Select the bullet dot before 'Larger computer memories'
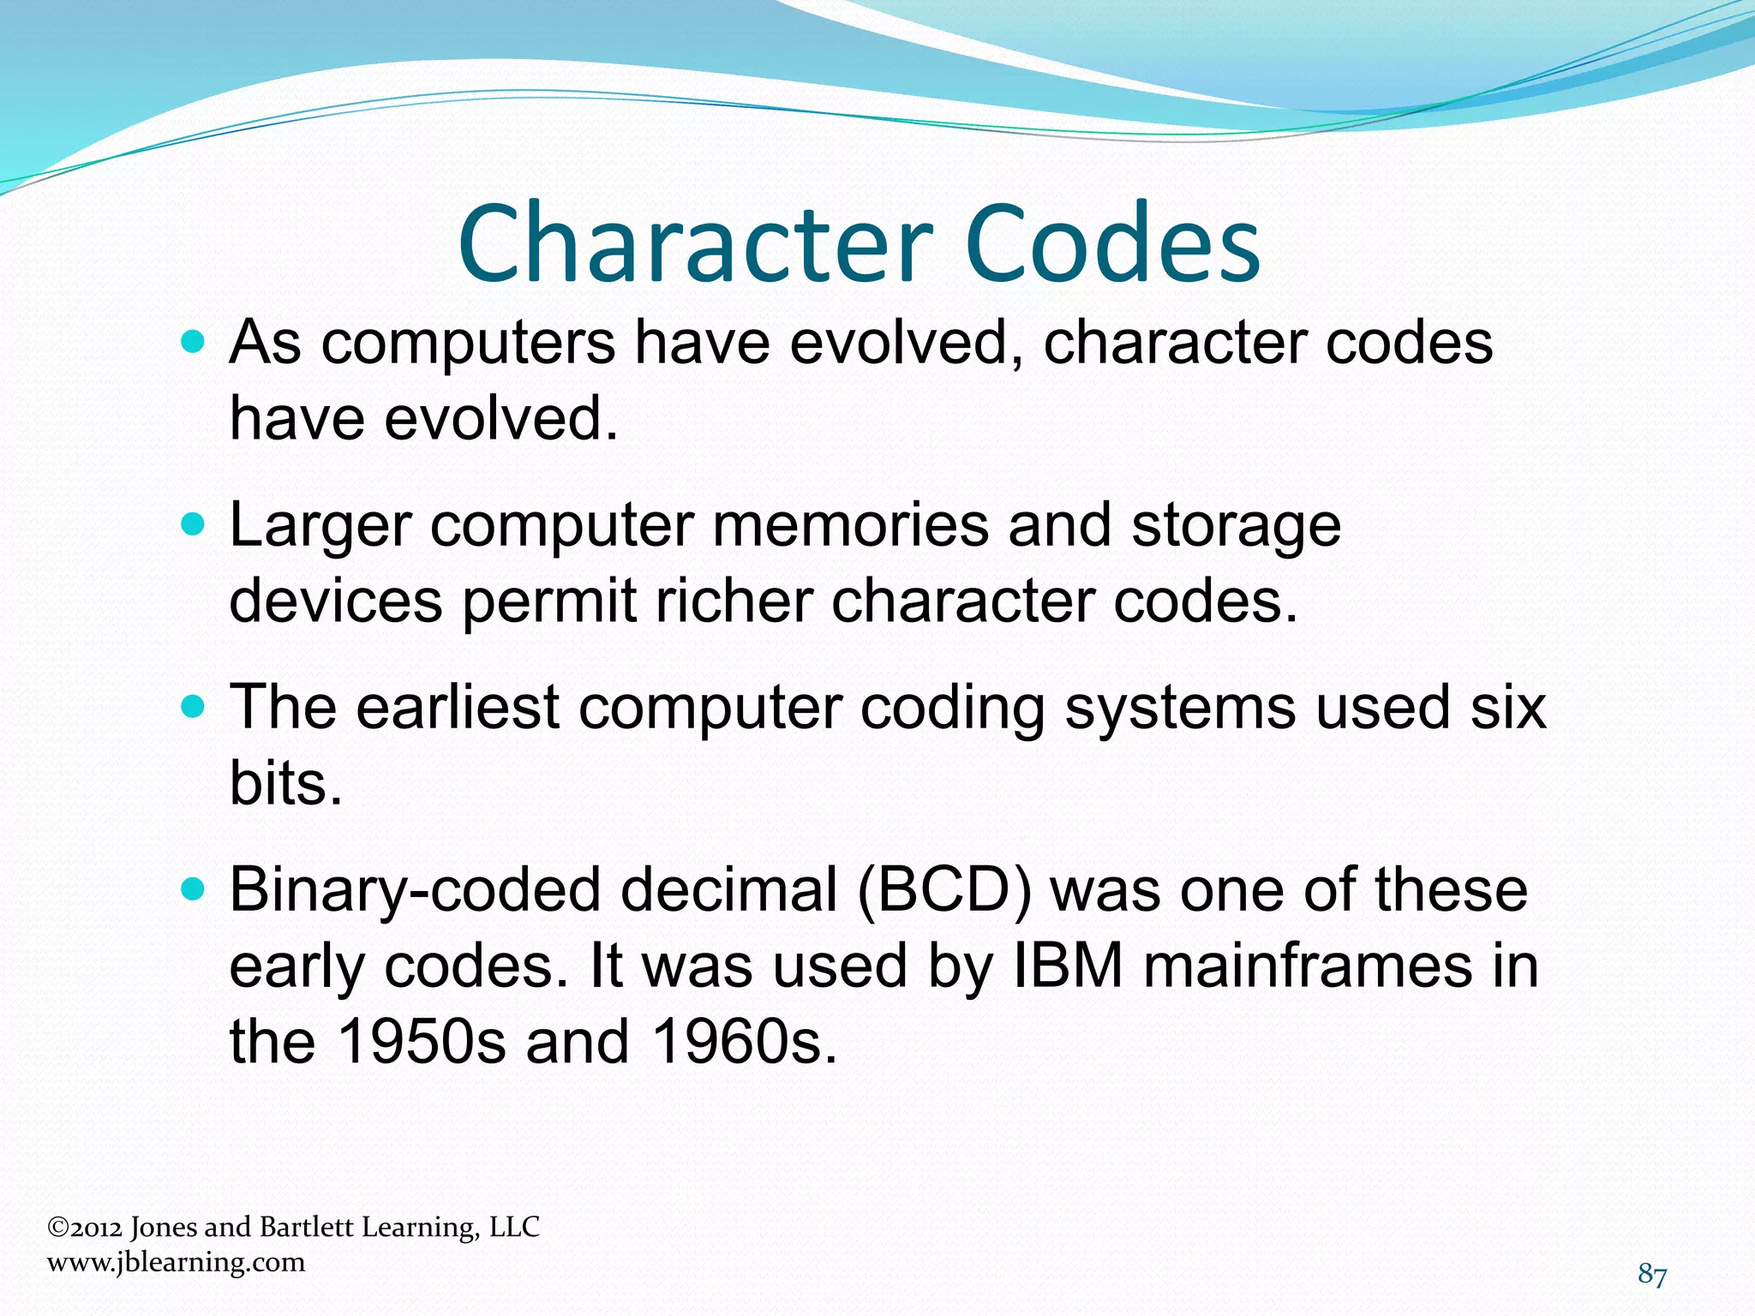(x=195, y=524)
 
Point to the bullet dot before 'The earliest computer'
(x=195, y=707)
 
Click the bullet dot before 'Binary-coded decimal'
(x=195, y=890)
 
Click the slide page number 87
(x=1652, y=1275)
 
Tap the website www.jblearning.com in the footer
(x=177, y=1262)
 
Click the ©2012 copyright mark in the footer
(x=85, y=1228)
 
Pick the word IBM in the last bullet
(x=1068, y=966)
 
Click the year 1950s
(x=421, y=1042)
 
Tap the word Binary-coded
(x=415, y=892)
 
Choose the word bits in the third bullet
(x=285, y=783)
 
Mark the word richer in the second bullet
(x=734, y=601)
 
